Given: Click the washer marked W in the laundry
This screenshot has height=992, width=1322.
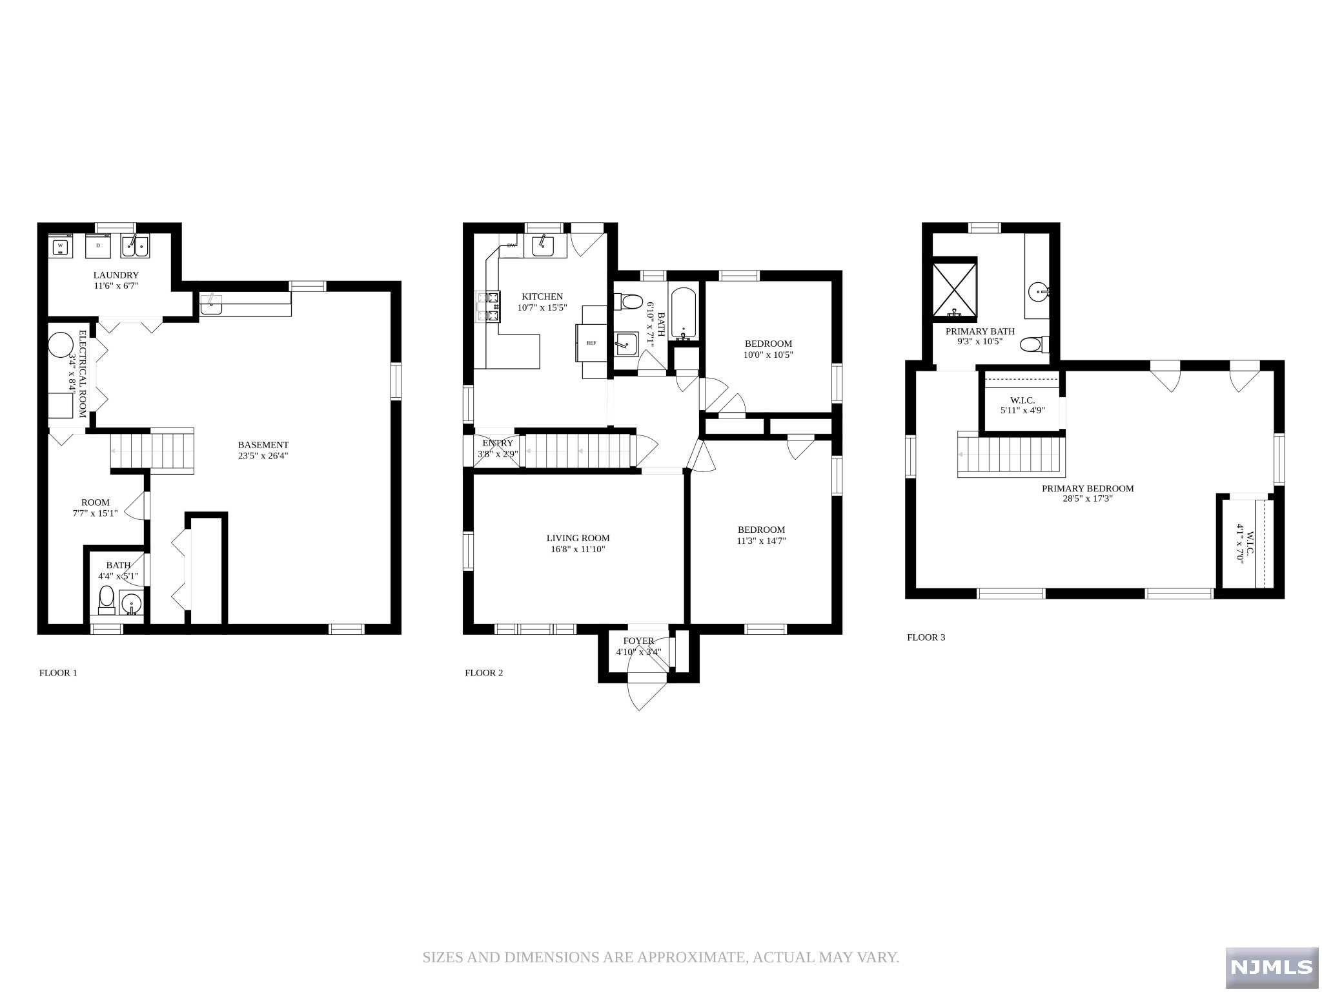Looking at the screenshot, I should [x=60, y=246].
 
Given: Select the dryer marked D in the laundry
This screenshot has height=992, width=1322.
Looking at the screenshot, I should [x=98, y=246].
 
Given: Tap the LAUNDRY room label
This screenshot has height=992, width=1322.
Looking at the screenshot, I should [x=116, y=275].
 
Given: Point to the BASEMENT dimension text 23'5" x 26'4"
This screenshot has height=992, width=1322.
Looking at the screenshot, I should [x=263, y=455].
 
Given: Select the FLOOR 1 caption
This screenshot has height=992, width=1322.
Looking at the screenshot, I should [x=58, y=672].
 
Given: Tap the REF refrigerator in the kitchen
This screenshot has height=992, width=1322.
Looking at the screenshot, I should [x=591, y=343].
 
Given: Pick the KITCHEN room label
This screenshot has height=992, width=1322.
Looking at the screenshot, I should [x=542, y=296].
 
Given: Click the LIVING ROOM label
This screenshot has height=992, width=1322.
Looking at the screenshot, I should [x=578, y=538].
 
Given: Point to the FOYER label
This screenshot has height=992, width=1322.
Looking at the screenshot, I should [x=638, y=641].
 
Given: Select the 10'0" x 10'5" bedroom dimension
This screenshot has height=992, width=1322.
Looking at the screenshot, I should [x=768, y=355].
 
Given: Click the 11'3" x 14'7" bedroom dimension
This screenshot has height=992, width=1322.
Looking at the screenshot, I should [x=761, y=541].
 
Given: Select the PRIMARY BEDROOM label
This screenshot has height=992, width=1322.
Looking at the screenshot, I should [x=1088, y=488].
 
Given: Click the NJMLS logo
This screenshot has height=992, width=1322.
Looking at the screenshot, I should [x=1271, y=967].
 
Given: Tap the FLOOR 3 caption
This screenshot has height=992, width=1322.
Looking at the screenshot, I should [x=926, y=637].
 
